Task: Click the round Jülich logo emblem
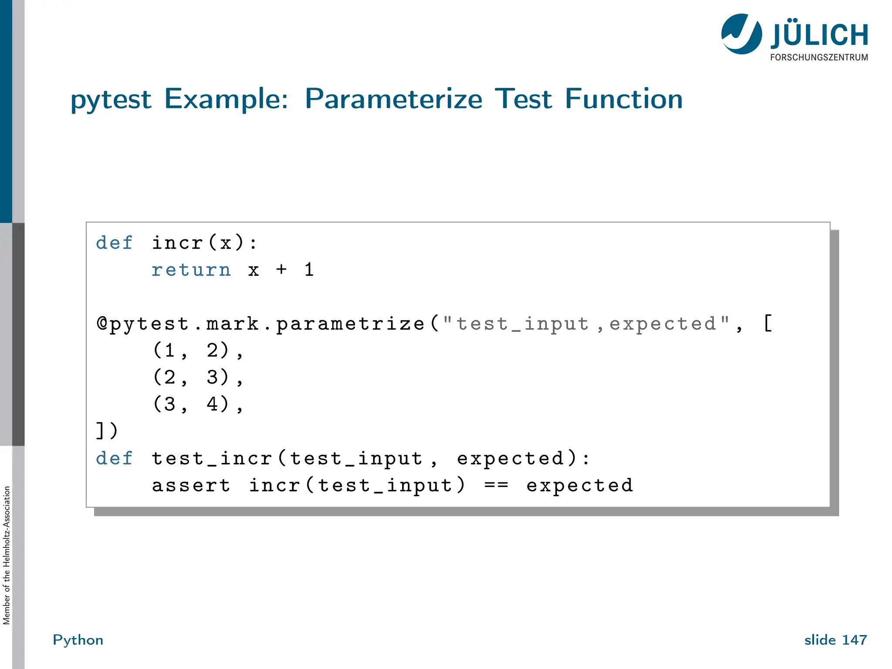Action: (x=741, y=34)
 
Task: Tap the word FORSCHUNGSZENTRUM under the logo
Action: (x=819, y=57)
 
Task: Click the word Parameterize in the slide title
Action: (x=393, y=99)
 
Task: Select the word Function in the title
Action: (x=624, y=99)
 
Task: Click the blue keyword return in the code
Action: (x=191, y=270)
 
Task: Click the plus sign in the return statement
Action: (x=281, y=270)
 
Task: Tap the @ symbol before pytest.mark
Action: (x=102, y=324)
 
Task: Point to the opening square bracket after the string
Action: (x=768, y=324)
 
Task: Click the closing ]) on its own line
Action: (x=107, y=431)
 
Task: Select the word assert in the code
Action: (x=191, y=485)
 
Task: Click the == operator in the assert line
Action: (x=496, y=485)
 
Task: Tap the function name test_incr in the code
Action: (x=211, y=459)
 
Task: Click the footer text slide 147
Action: (x=835, y=640)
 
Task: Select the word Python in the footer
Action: (x=78, y=640)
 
